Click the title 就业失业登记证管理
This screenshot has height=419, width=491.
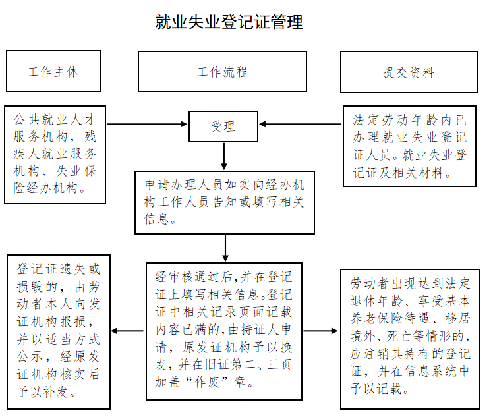click(229, 22)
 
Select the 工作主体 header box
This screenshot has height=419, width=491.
click(53, 71)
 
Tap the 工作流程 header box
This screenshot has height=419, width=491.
click(222, 71)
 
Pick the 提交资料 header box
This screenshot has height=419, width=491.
click(409, 71)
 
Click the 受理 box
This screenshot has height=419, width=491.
click(223, 125)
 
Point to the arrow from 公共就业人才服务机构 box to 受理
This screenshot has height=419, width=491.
click(147, 124)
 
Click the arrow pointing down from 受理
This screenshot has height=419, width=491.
click(224, 155)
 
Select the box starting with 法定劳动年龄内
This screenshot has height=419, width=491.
click(409, 146)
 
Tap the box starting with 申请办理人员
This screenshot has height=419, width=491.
click(224, 202)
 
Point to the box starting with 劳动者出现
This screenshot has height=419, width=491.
click(410, 336)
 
